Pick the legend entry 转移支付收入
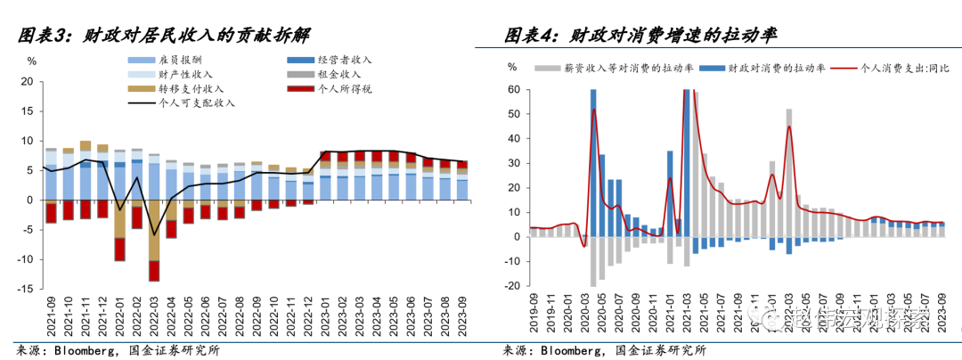point(191,89)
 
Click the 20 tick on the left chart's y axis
point(27,82)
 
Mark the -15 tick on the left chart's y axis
point(27,290)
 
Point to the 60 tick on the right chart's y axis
point(513,89)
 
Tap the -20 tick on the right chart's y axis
point(512,287)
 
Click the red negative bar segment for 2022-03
point(154,271)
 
